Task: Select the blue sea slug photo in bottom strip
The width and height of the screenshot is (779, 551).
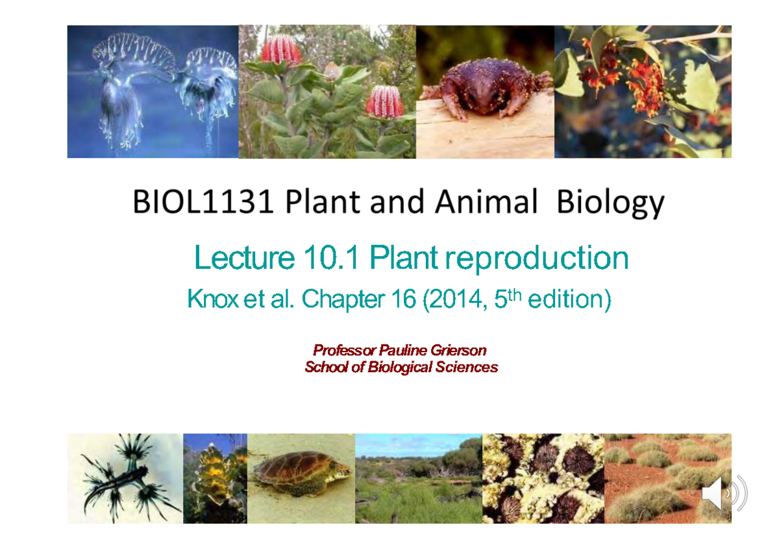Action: [125, 478]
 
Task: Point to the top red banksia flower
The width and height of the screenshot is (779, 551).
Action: [281, 49]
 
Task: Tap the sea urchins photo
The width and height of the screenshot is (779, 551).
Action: [543, 478]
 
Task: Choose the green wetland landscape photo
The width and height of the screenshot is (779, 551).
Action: [418, 478]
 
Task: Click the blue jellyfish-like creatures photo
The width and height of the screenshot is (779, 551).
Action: [153, 91]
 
